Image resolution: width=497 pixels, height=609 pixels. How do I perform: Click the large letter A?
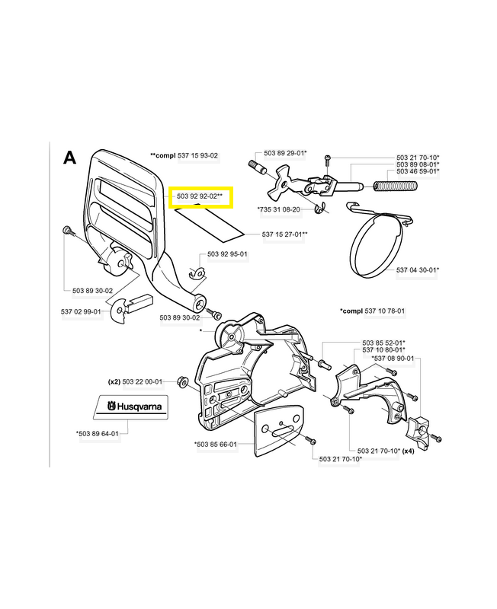click(x=69, y=158)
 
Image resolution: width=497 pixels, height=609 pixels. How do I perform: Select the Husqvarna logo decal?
click(x=131, y=407)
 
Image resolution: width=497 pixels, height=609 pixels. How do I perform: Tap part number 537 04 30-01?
click(x=417, y=270)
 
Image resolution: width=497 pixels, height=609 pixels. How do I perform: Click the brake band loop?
click(x=375, y=243)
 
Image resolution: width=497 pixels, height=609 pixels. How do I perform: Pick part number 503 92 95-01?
click(x=227, y=254)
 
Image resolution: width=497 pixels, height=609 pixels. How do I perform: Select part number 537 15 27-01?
click(x=284, y=234)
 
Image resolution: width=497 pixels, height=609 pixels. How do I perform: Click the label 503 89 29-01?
click(x=285, y=154)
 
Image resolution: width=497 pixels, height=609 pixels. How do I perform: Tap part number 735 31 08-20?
click(x=279, y=209)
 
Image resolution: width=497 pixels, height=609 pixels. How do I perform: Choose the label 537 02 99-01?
click(x=81, y=311)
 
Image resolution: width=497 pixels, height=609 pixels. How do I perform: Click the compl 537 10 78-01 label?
click(x=372, y=311)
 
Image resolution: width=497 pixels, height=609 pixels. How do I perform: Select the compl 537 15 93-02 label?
click(x=184, y=156)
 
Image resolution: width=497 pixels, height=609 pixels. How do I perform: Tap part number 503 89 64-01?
click(x=98, y=433)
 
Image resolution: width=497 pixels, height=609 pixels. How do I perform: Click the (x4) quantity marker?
click(x=408, y=451)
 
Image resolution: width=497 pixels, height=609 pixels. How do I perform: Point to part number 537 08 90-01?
click(x=393, y=359)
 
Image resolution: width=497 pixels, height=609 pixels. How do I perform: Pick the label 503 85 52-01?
click(x=383, y=343)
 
